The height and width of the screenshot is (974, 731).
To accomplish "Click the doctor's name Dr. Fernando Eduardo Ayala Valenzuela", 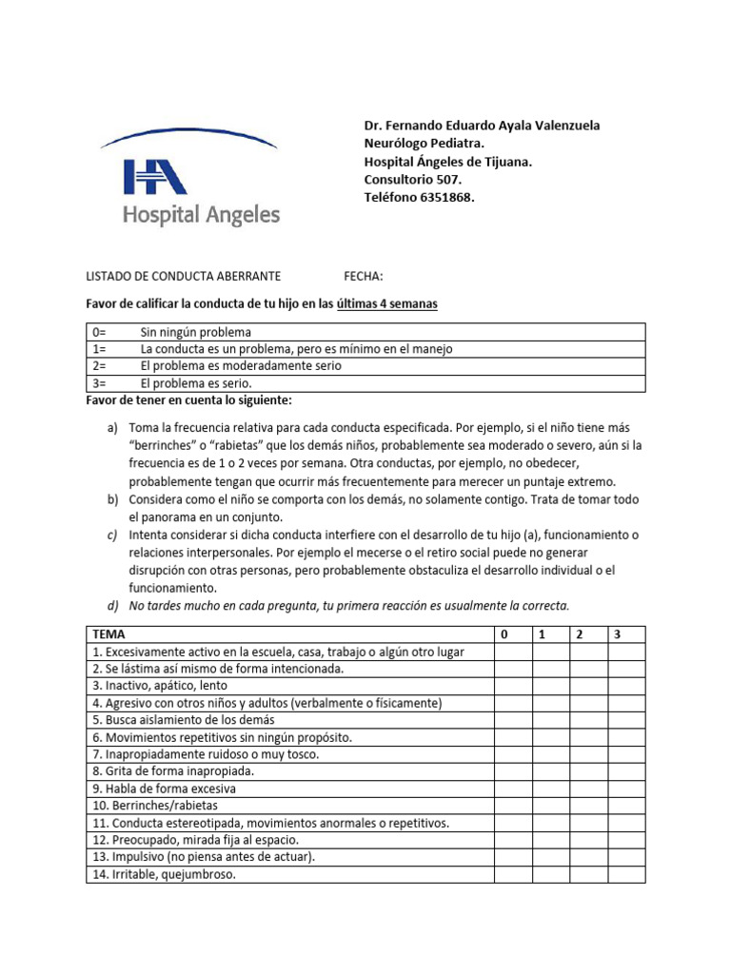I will tap(482, 127).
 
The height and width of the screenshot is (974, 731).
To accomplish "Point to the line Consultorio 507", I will tap(413, 179).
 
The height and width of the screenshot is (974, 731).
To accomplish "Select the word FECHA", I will tap(363, 277).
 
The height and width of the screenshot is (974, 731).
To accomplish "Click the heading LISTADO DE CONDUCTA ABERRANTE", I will tap(183, 277).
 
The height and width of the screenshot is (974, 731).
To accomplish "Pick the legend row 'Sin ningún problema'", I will tap(195, 333).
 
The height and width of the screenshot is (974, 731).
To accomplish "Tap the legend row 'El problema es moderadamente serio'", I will tap(240, 366).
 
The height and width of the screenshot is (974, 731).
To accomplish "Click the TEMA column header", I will tap(109, 633).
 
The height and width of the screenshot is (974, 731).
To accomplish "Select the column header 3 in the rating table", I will tap(617, 633).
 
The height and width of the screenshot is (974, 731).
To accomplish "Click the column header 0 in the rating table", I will tap(504, 633).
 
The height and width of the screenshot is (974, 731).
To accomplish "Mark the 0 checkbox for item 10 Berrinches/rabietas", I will tap(513, 806).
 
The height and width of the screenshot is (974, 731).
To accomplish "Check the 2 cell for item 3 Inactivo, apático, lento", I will tap(589, 686).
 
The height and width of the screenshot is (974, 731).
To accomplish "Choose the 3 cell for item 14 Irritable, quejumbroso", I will tap(627, 874).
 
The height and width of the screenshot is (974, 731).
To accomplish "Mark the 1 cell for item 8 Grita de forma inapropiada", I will tap(551, 771).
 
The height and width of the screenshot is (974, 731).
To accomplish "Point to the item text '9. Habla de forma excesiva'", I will tap(164, 789).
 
